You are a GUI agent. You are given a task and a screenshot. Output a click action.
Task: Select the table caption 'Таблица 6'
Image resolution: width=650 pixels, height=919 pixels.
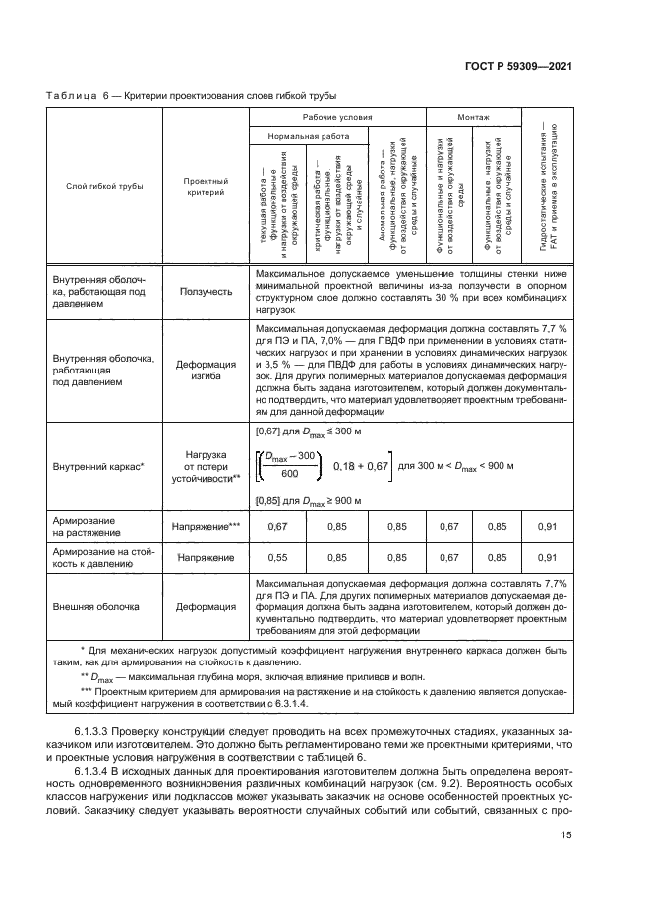coord(75,95)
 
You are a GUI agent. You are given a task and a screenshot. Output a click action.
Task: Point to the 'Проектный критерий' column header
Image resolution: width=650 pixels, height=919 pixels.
coord(206,185)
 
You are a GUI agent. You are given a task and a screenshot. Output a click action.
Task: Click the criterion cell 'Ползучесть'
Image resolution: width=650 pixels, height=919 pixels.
coord(206,291)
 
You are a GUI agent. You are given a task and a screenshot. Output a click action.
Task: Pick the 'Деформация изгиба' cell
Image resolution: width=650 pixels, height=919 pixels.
coord(206,369)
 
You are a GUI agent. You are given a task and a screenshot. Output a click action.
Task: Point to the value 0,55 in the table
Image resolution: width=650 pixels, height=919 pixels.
coord(279,557)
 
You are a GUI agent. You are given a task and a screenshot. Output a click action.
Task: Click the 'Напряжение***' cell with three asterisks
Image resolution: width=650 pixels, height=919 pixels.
coord(206,526)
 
